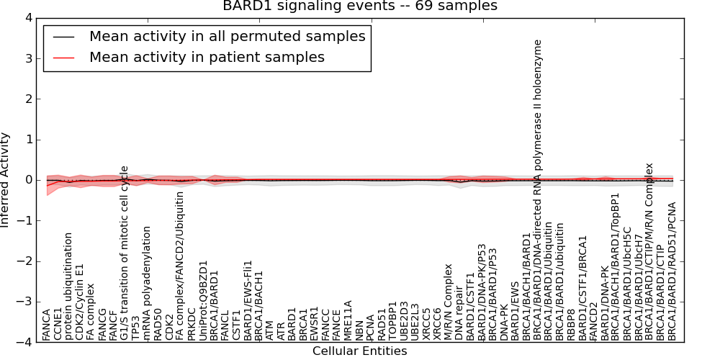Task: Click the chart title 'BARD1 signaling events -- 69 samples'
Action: point(359,6)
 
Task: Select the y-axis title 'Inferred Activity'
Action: point(6,180)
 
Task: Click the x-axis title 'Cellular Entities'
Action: point(359,351)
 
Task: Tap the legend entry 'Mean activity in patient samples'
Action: point(207,57)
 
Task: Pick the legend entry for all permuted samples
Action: point(227,36)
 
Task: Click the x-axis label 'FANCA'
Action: point(47,325)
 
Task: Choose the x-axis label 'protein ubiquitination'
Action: point(69,286)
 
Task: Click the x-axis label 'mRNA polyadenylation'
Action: point(147,283)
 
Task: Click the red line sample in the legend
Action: point(63,57)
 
